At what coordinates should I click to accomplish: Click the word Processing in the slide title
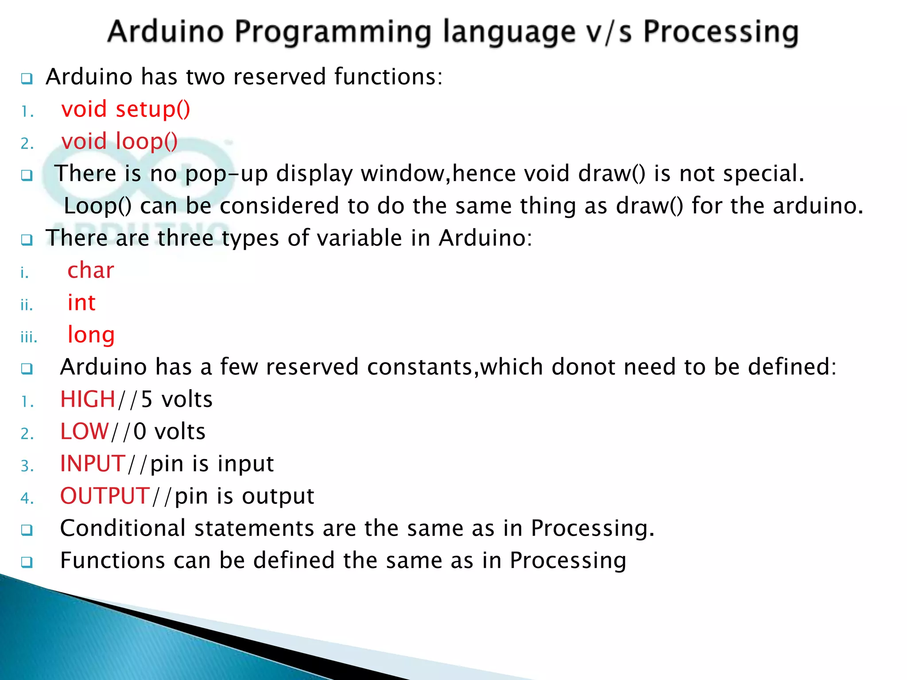[x=721, y=32]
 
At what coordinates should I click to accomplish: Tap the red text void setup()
[x=126, y=109]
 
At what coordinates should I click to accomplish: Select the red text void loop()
[x=120, y=142]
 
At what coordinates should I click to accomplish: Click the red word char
[x=91, y=270]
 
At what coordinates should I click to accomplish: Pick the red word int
[x=81, y=303]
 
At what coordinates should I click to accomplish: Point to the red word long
[x=91, y=335]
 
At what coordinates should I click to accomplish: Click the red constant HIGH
[x=88, y=399]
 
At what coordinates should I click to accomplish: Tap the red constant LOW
[x=84, y=432]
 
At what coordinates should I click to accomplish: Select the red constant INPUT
[x=93, y=464]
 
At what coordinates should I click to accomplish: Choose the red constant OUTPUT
[x=105, y=496]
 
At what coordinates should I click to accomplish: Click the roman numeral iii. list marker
[x=29, y=337]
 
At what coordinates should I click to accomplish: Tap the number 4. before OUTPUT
[x=27, y=498]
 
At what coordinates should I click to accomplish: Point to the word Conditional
[x=123, y=529]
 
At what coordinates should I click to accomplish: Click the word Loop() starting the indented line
[x=98, y=206]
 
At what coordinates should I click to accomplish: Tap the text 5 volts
[x=177, y=399]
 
